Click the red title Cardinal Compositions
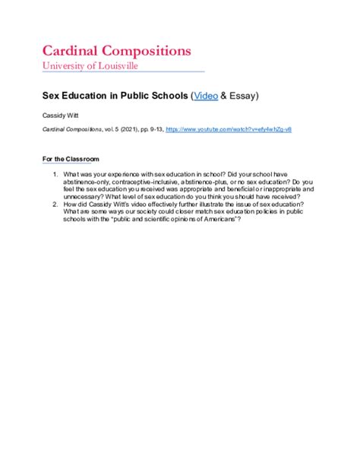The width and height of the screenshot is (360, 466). [115, 51]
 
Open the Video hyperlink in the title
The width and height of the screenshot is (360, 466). [206, 97]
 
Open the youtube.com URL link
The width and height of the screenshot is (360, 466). [229, 130]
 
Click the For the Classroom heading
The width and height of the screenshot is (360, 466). [70, 159]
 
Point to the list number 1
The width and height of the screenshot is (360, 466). [55, 174]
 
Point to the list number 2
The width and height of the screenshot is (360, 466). [55, 204]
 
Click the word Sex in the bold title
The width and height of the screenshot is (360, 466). [49, 97]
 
